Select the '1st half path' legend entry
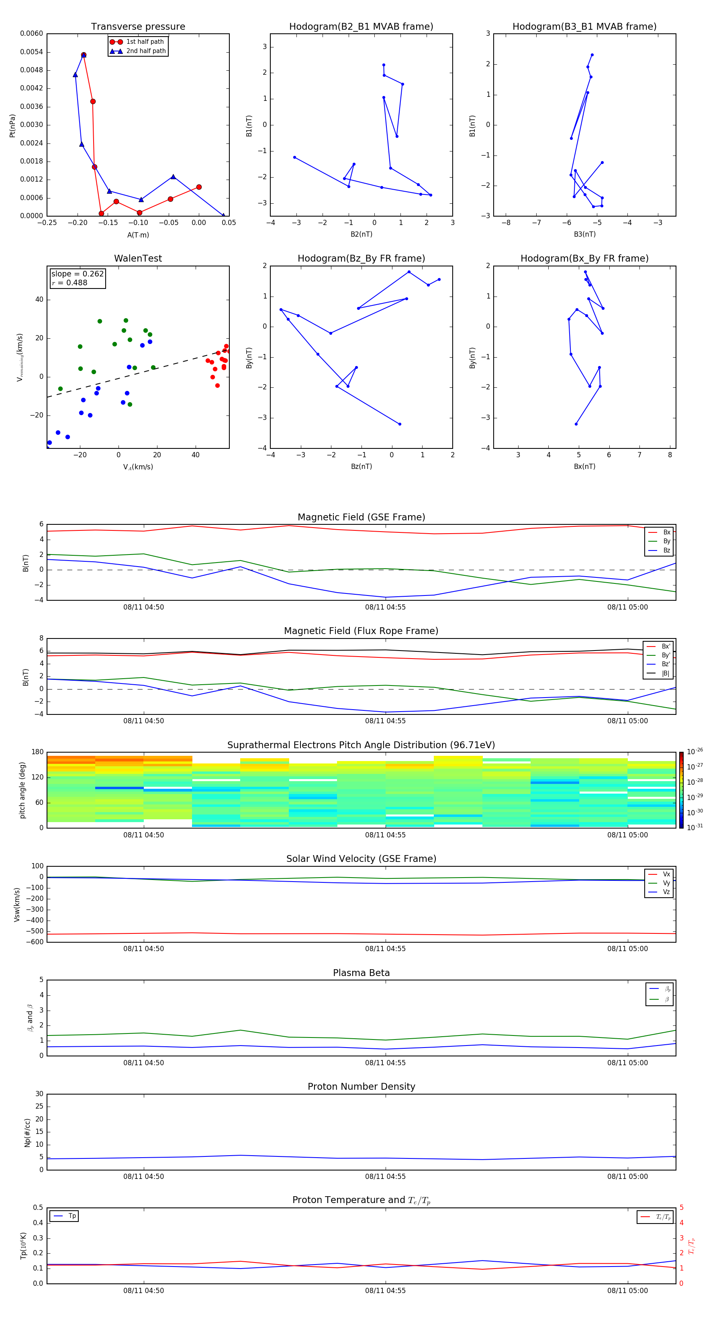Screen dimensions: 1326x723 click(145, 42)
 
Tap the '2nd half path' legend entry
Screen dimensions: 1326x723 click(146, 51)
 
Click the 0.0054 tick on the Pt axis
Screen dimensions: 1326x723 click(31, 52)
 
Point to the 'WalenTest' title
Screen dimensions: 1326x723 click(138, 258)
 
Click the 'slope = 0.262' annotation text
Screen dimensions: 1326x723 click(77, 274)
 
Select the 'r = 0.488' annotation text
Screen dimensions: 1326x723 click(69, 282)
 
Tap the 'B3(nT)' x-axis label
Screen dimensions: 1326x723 click(584, 234)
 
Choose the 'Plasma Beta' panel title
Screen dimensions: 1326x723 click(361, 973)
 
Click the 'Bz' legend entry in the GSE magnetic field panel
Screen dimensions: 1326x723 click(666, 550)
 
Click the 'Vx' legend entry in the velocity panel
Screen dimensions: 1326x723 click(666, 874)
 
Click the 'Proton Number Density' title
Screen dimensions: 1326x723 click(361, 1087)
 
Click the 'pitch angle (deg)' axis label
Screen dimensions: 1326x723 click(22, 790)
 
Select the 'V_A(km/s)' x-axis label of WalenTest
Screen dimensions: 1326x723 click(138, 467)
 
